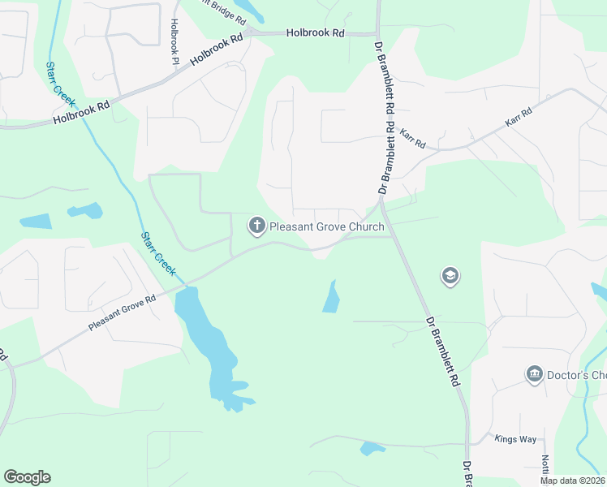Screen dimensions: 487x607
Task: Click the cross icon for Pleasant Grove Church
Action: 257,225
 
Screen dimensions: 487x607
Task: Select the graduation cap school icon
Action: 450,277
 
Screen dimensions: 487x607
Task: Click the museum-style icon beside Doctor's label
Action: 534,374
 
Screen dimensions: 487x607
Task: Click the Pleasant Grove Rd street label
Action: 122,312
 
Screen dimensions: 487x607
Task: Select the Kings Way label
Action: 515,439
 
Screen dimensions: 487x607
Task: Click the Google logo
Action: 27,477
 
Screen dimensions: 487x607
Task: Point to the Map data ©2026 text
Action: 571,481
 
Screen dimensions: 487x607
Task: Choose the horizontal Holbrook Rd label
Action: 316,33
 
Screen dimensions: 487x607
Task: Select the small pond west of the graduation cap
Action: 330,298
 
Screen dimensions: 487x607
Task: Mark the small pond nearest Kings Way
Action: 371,447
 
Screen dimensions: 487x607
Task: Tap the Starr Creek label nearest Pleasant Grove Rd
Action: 159,253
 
